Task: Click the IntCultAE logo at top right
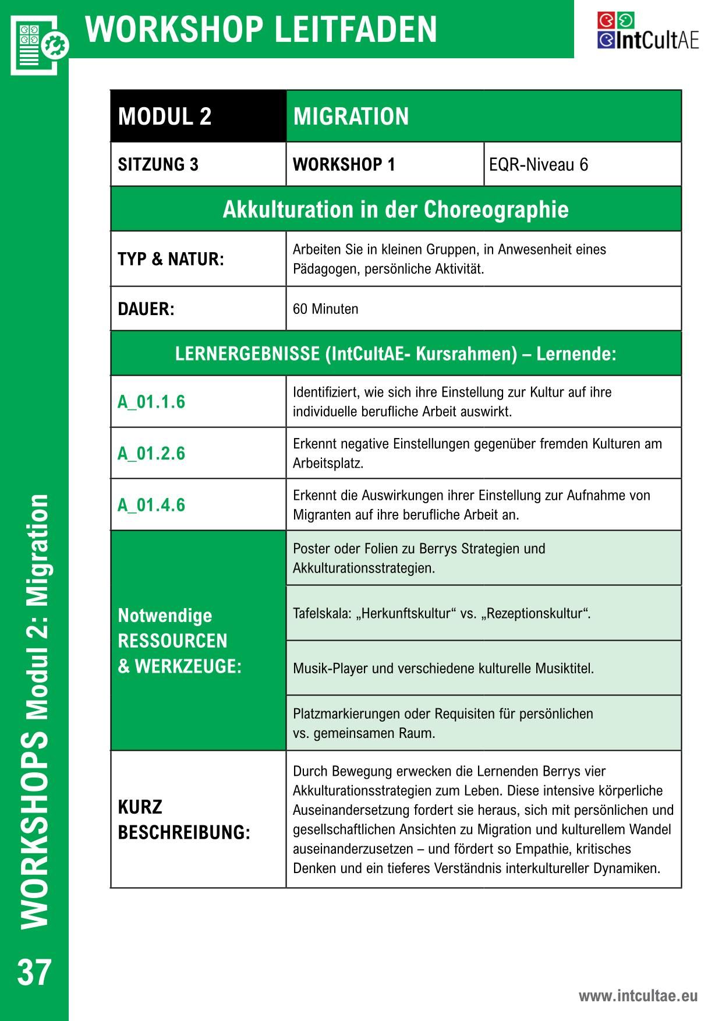647,31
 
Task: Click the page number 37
34,972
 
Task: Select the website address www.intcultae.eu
638,995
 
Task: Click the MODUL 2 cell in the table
165,116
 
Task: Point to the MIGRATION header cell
351,116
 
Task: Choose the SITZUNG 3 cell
158,165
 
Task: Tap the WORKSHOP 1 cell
344,165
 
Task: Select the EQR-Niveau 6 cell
539,165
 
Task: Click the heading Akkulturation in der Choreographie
395,209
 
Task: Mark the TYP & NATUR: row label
171,259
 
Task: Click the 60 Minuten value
325,309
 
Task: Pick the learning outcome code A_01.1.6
151,402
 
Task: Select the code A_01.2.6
151,453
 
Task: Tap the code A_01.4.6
151,504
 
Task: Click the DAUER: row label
146,309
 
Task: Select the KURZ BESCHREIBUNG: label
184,819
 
